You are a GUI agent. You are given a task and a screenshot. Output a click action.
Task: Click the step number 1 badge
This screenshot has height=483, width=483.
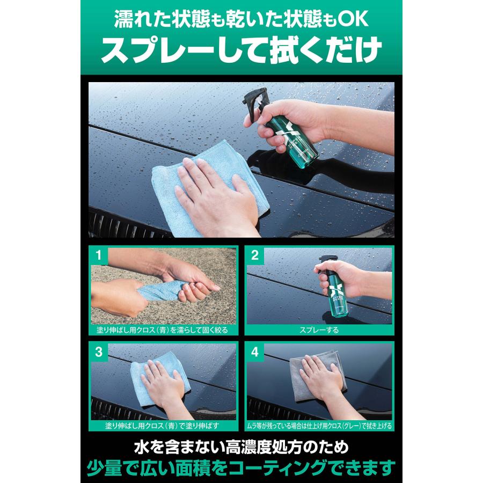98,256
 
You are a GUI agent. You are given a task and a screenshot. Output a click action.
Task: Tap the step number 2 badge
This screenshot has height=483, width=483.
255,256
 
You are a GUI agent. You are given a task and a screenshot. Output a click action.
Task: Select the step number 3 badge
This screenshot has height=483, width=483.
98,352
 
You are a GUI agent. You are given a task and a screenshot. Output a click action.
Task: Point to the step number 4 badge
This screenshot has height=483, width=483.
255,352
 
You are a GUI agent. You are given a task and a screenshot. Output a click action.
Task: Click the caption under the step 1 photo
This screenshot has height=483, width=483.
163,330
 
